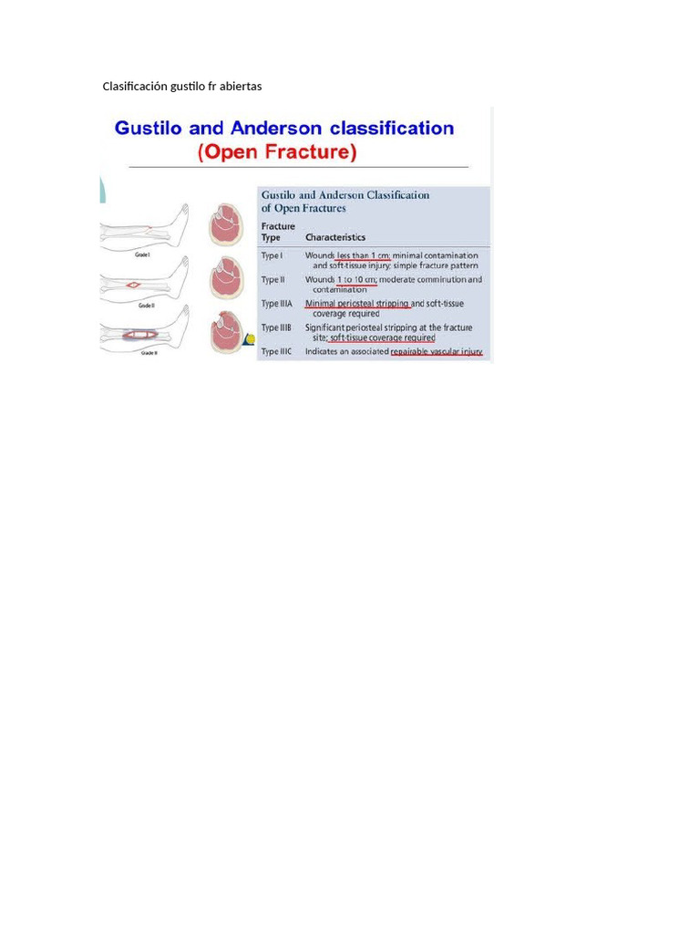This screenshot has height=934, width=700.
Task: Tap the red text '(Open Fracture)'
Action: (277, 152)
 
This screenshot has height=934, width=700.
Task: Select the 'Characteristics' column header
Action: (335, 237)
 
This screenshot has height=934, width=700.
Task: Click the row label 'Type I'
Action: (273, 256)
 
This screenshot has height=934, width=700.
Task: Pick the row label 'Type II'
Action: (273, 280)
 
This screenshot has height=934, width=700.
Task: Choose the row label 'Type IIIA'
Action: (277, 304)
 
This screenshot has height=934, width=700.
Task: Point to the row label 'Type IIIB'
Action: (277, 327)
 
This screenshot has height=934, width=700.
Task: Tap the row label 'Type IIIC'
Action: (277, 351)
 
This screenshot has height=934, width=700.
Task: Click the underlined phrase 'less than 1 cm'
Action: (363, 256)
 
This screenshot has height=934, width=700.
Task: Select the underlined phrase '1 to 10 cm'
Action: (356, 280)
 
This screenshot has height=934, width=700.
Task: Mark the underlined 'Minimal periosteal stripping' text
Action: (357, 304)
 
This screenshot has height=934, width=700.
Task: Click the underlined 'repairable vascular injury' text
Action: (437, 351)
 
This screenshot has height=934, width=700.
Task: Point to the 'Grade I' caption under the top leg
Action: (143, 256)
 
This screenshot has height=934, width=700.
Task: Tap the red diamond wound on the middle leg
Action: (133, 285)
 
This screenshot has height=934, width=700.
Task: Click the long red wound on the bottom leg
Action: (133, 335)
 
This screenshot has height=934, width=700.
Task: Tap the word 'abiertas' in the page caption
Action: (240, 87)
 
